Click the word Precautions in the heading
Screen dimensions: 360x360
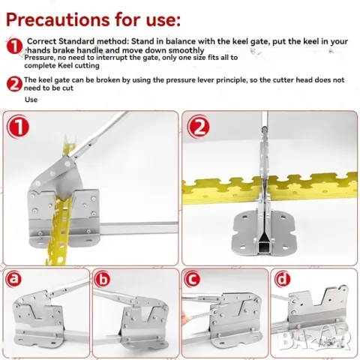58,19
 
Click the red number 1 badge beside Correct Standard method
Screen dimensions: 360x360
14,46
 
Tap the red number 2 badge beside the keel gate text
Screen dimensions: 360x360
14,84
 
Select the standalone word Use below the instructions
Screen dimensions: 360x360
31,100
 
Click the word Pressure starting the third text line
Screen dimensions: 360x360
39,58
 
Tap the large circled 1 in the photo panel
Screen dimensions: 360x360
18,127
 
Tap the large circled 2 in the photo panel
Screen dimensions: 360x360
198,127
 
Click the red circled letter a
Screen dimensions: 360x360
13,279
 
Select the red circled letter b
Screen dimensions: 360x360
103,279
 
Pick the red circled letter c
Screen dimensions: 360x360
192,279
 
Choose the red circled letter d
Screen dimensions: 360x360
282,279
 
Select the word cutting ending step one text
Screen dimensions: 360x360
87,66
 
